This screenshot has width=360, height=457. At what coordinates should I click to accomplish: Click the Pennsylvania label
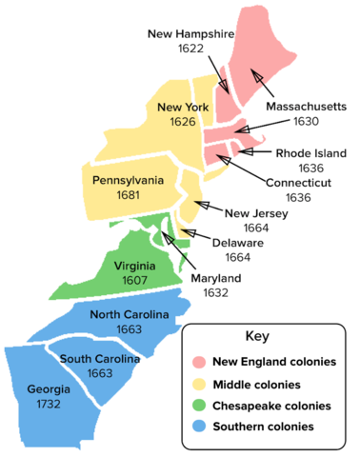[129, 180]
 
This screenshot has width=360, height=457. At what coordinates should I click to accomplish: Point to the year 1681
[129, 195]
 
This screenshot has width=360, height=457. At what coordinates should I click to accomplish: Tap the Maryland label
[216, 278]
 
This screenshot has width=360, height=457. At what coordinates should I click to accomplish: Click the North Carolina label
[129, 315]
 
